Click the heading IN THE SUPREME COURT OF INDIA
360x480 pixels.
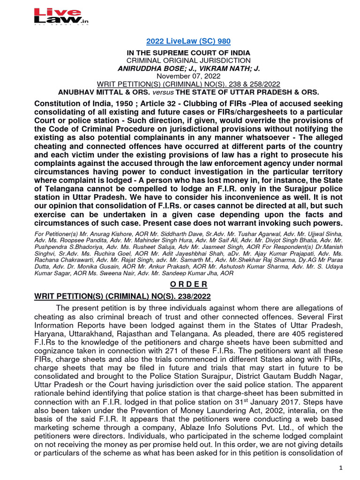[180, 53]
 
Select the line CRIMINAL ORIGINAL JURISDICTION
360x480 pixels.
[180, 60]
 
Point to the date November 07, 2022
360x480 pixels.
[180, 76]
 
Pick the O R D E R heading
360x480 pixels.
[180, 284]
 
